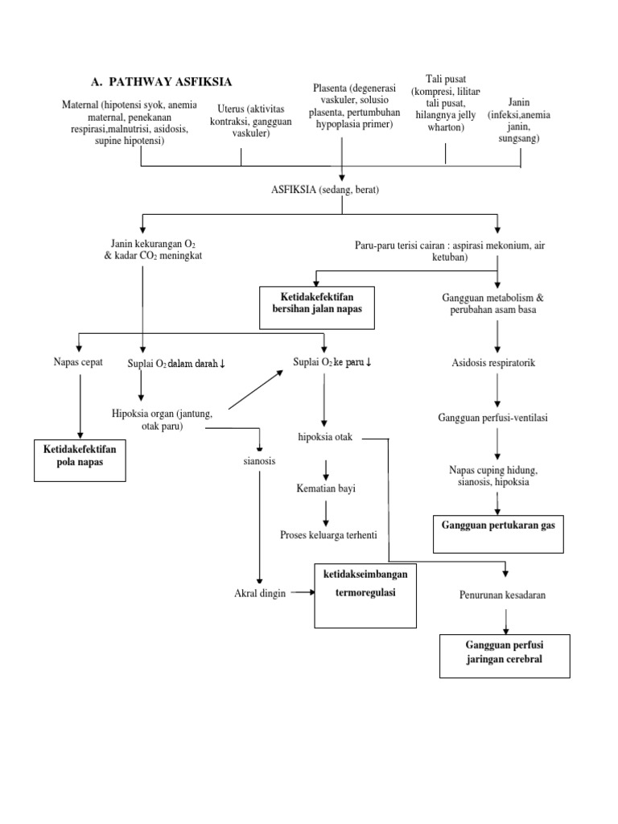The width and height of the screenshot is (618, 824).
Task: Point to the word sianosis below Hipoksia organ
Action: (x=258, y=463)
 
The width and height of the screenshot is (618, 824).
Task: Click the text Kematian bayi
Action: (x=325, y=488)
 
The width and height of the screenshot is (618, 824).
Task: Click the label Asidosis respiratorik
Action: (x=493, y=363)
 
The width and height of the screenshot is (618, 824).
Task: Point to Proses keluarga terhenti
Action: (x=329, y=534)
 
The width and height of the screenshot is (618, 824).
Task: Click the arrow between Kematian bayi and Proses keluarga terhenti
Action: (x=325, y=512)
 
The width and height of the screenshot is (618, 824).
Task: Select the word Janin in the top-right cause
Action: (x=520, y=102)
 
